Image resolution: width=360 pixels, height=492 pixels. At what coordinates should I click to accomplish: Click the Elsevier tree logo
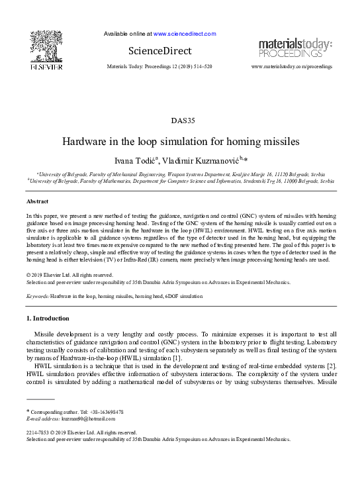[x=46, y=46]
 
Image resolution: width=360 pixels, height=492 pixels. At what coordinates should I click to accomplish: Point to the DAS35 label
[x=180, y=121]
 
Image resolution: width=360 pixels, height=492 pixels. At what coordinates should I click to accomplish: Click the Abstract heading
[x=37, y=200]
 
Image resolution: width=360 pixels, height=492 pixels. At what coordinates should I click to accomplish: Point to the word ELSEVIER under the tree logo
[x=46, y=67]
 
